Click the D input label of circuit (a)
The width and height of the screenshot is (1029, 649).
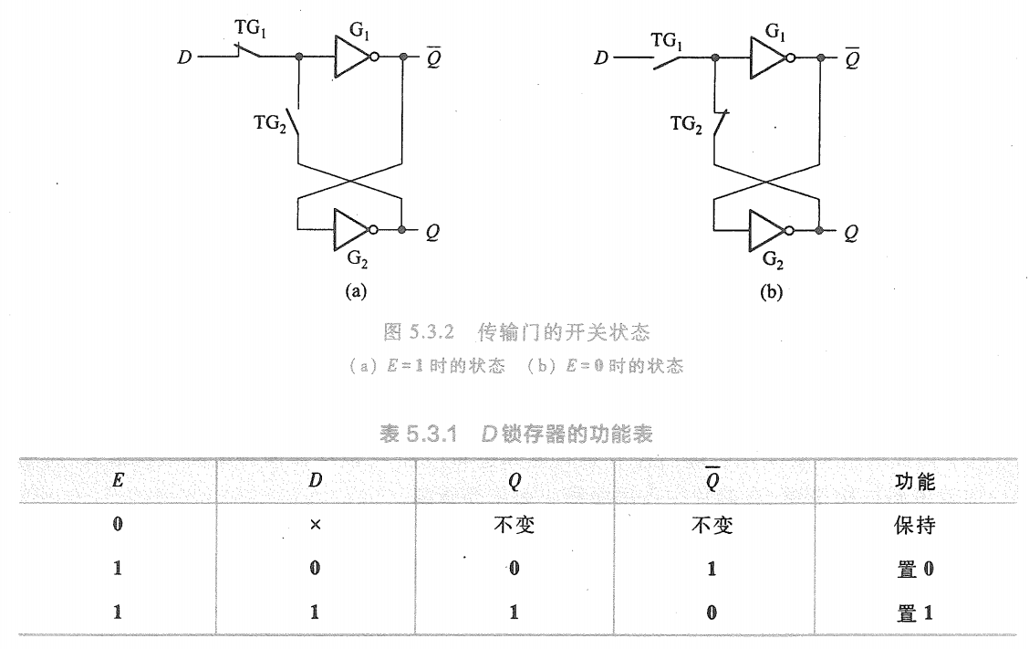pyautogui.click(x=186, y=57)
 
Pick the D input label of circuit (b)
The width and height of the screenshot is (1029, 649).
pyautogui.click(x=600, y=58)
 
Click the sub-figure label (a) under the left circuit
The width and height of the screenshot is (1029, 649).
pyautogui.click(x=353, y=292)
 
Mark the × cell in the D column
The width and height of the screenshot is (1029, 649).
pyautogui.click(x=315, y=527)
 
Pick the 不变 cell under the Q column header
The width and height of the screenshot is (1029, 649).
pyautogui.click(x=514, y=527)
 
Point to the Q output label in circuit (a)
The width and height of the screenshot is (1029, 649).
pyautogui.click(x=432, y=232)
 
